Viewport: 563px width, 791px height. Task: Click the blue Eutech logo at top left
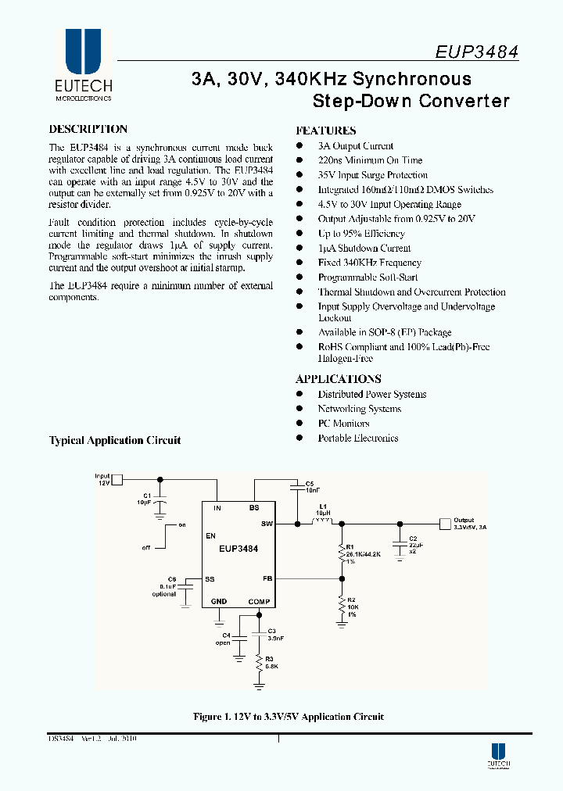coord(83,52)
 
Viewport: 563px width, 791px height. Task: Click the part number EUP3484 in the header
coord(476,52)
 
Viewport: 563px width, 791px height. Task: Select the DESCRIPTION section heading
coord(88,130)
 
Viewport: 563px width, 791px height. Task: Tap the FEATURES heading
coord(325,131)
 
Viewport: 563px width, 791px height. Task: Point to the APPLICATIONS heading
coord(338,379)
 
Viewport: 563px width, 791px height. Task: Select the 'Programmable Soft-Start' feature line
coord(368,277)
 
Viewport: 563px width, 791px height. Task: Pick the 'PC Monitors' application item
coord(343,424)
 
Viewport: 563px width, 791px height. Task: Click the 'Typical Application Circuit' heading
coord(115,440)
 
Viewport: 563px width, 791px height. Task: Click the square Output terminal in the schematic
coord(446,523)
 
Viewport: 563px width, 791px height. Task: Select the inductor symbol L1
coord(321,521)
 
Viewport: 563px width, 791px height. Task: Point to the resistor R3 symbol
coord(260,664)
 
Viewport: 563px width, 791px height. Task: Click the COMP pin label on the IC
coord(259,601)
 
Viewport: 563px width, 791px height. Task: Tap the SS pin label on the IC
coord(210,579)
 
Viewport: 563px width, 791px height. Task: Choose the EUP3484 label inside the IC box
coord(238,549)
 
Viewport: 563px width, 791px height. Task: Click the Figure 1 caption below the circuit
coord(289,717)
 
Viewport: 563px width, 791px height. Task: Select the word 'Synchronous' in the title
coord(412,79)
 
